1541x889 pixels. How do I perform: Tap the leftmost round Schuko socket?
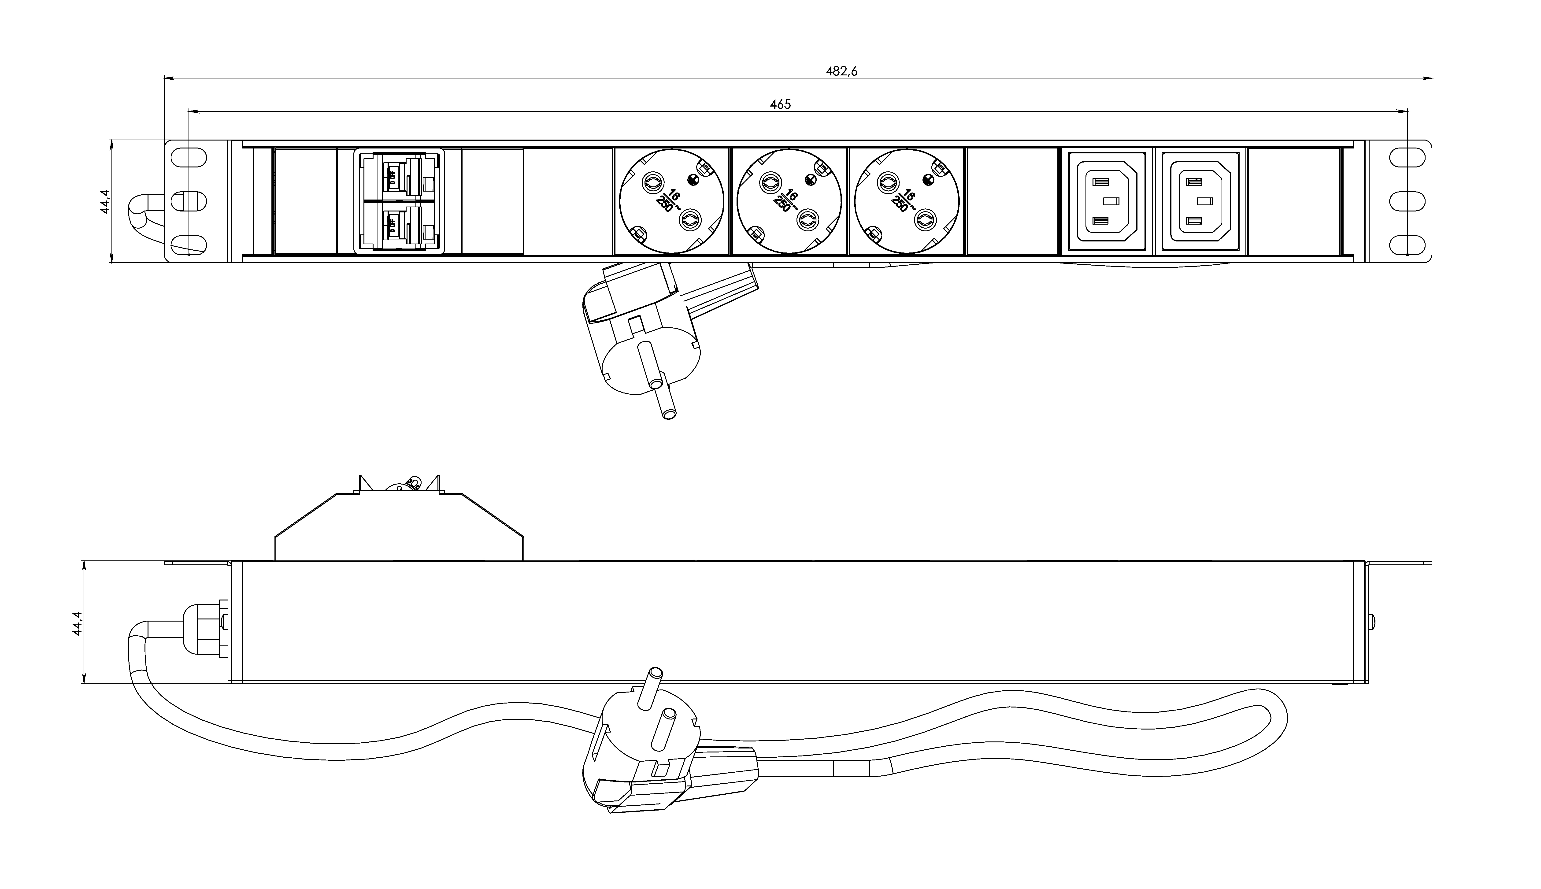pyautogui.click(x=672, y=201)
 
